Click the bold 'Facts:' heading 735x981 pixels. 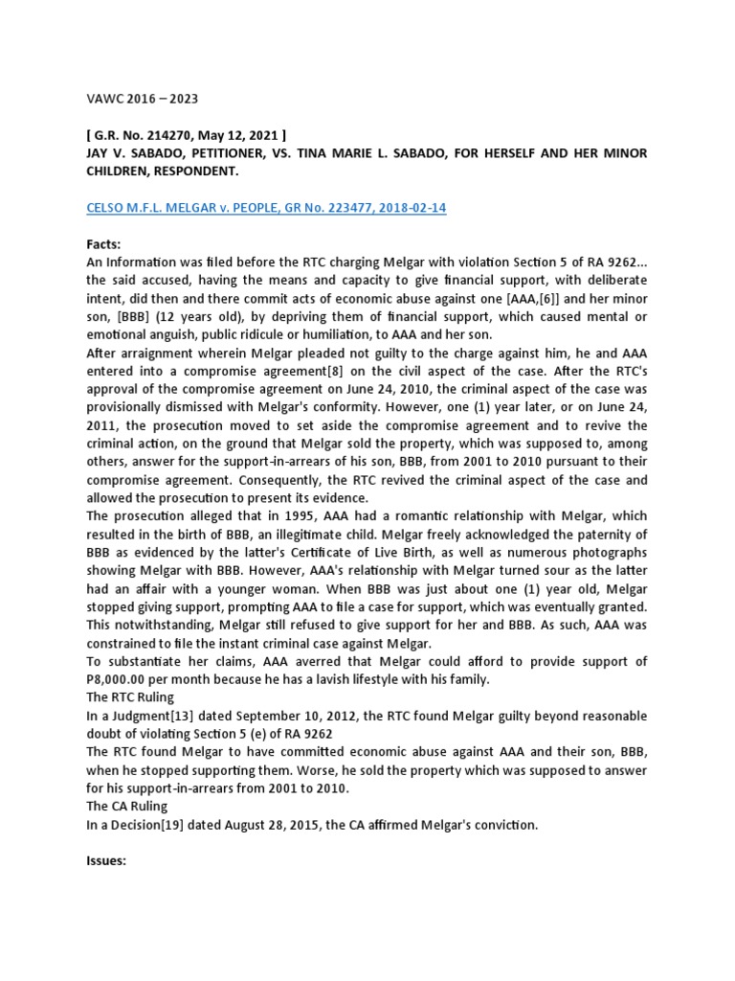click(104, 244)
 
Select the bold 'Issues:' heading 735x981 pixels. click(108, 861)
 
